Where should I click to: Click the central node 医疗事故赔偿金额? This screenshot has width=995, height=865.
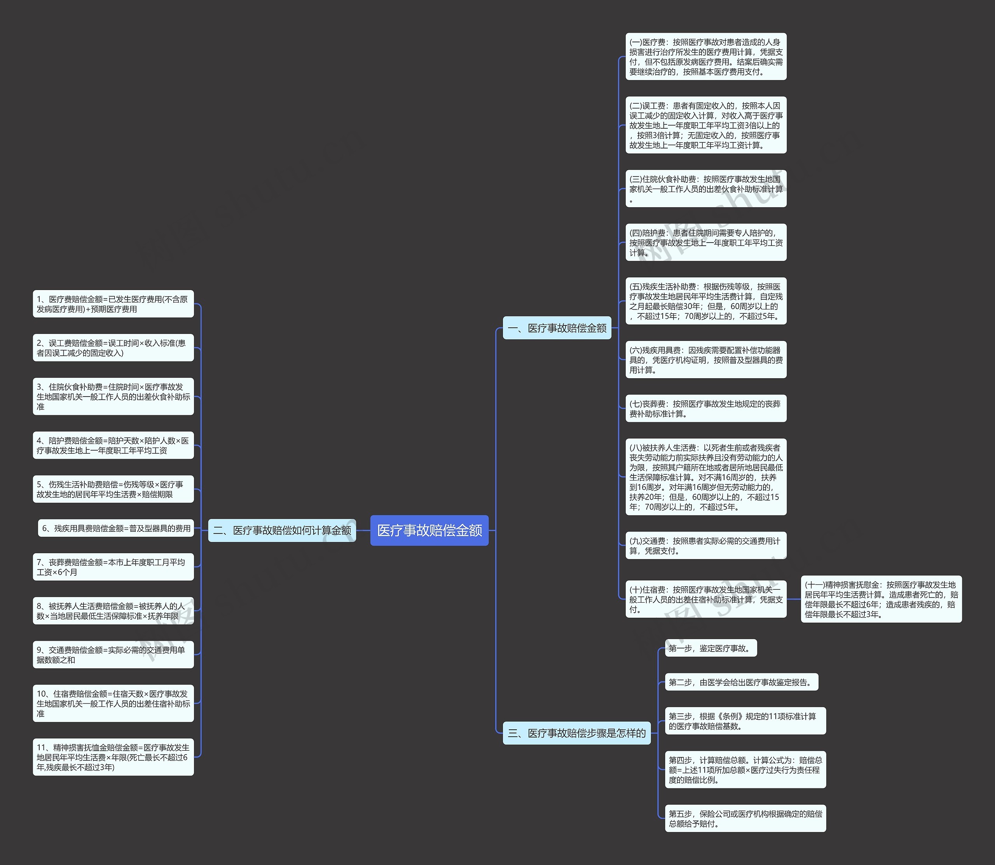(429, 531)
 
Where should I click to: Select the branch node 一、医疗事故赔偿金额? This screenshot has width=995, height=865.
(557, 328)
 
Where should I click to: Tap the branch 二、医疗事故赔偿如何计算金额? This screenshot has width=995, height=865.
(282, 531)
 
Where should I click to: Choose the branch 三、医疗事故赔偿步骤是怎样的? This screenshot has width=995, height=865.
(577, 733)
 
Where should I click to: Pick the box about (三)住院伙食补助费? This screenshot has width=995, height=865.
(705, 189)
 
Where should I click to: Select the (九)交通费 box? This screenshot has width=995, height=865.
(705, 546)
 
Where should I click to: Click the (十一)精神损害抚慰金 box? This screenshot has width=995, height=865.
(881, 599)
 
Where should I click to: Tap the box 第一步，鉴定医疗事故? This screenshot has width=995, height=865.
(710, 648)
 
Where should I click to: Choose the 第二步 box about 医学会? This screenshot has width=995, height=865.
(741, 682)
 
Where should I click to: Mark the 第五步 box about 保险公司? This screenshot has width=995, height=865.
(745, 819)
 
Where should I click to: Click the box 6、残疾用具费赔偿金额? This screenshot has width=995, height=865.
(116, 528)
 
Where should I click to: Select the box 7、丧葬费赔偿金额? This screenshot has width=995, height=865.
(113, 567)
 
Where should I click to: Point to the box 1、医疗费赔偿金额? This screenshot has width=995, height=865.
(113, 304)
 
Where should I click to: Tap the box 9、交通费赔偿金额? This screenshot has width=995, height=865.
(113, 655)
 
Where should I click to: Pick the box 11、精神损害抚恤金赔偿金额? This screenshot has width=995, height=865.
(113, 757)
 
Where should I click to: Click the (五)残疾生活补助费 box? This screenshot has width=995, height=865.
(705, 301)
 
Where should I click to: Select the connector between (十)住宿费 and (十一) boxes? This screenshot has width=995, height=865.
(794, 599)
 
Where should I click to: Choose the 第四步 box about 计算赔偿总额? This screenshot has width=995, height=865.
(745, 770)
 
